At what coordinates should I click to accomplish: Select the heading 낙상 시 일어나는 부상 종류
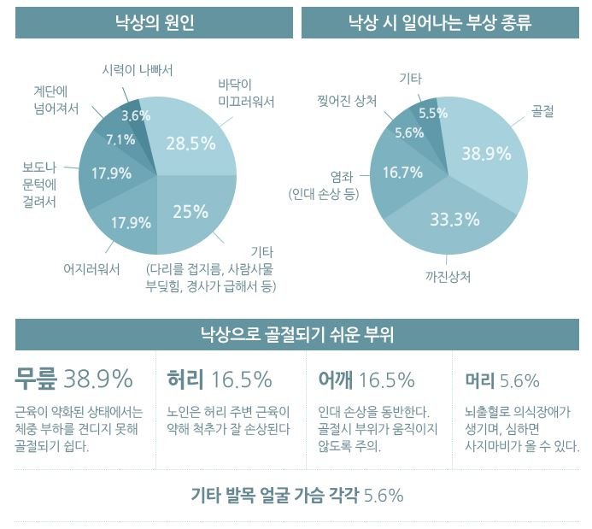(x=439, y=22)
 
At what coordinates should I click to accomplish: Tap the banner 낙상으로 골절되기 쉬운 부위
(x=296, y=334)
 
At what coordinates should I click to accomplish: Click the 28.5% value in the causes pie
(x=190, y=143)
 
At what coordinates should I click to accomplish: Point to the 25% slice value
(x=190, y=211)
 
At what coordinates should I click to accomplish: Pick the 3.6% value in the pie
(x=136, y=115)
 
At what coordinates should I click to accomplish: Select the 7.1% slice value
(x=120, y=139)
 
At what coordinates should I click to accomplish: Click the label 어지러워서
(x=91, y=267)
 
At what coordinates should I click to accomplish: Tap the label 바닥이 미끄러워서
(x=246, y=92)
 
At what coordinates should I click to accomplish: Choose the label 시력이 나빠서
(x=137, y=69)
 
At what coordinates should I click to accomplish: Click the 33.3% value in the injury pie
(x=454, y=220)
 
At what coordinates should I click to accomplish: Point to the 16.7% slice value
(x=402, y=173)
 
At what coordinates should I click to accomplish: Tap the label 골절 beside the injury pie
(x=542, y=112)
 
